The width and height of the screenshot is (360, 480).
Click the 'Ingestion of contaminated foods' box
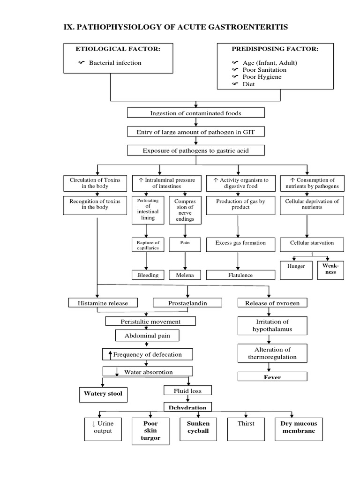pos(195,113)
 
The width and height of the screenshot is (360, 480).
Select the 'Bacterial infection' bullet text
pos(115,63)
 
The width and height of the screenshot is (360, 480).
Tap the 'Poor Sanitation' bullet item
pos(264,70)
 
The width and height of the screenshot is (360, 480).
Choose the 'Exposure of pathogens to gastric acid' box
pos(195,150)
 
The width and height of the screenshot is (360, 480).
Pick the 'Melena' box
pos(185,275)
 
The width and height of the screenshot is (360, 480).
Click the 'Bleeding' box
pos(148,275)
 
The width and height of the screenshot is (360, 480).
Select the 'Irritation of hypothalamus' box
pos(273,325)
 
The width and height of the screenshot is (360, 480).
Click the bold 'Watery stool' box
pos(103,394)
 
